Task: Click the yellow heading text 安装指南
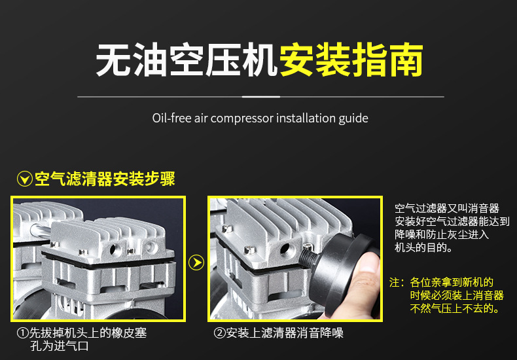pos(351,61)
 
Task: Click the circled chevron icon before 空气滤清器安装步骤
pos(25,179)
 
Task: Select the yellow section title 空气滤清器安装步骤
pos(105,179)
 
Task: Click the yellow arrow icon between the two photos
pos(196,262)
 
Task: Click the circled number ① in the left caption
pos(22,333)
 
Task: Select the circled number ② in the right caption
pos(220,333)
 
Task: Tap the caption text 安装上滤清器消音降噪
pos(285,333)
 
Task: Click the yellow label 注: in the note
pos(396,283)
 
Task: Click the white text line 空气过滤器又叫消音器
pos(447,209)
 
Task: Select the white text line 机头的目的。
pos(423,248)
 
